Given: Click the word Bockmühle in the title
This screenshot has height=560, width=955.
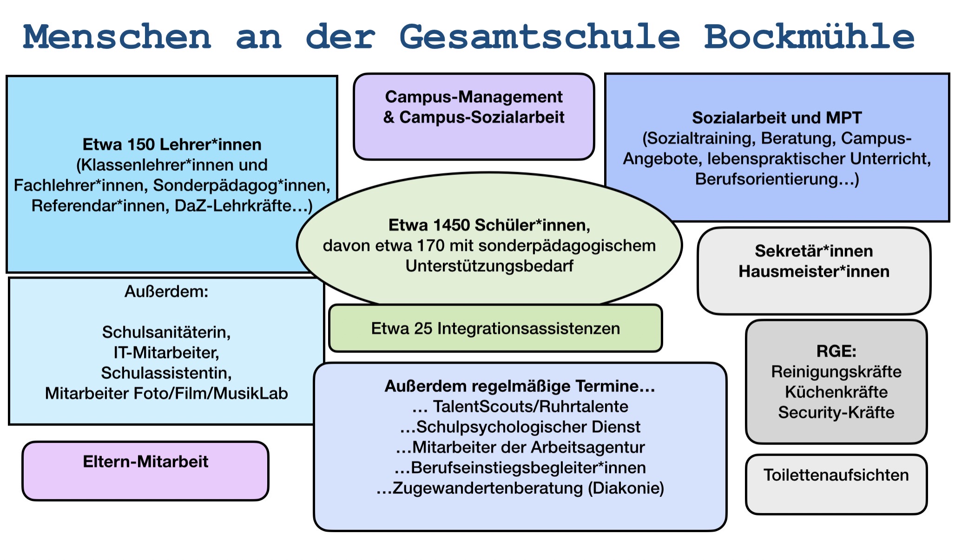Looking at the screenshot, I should [x=809, y=37].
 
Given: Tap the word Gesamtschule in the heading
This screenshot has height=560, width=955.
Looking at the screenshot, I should [x=540, y=37].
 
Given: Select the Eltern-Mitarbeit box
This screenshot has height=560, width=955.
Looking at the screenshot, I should [x=145, y=471].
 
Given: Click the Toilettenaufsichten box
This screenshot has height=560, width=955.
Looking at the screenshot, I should [x=836, y=484].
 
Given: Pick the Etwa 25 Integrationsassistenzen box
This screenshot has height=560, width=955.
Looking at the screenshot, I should [x=495, y=328].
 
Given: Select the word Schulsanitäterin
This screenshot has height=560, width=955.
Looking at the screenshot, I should [x=166, y=332].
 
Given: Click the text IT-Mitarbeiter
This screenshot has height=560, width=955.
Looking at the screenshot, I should [x=166, y=353].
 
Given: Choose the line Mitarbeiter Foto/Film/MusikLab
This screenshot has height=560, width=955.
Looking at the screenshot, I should [x=166, y=394].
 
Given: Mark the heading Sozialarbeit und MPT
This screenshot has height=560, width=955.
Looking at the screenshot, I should [x=777, y=118].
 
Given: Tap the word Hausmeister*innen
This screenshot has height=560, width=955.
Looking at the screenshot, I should [x=814, y=272].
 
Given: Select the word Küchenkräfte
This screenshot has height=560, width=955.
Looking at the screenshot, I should [x=836, y=392].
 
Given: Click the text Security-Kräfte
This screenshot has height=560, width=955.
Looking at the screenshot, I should [x=836, y=413].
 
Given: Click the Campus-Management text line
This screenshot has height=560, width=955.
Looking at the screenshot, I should [x=474, y=97].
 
